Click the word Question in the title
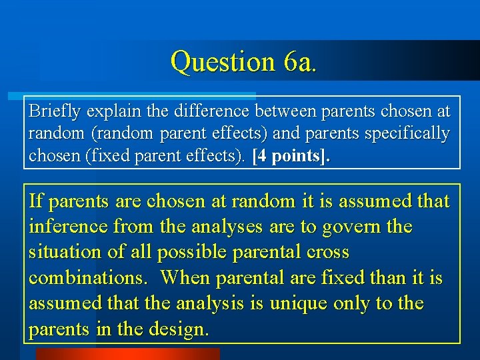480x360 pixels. pyautogui.click(x=221, y=61)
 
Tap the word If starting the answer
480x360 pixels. pyautogui.click(x=37, y=201)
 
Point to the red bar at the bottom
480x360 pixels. pyautogui.click(x=127, y=354)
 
